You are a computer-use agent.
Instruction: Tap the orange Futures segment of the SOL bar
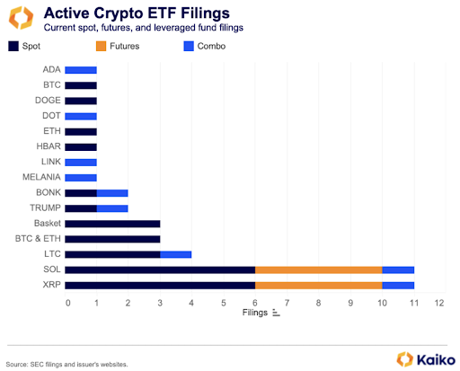click(319, 269)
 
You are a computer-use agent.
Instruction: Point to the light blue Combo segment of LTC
click(175, 253)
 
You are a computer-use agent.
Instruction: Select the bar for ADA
click(81, 69)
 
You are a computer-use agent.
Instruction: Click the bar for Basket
click(112, 223)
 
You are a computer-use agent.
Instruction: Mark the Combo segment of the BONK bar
click(112, 192)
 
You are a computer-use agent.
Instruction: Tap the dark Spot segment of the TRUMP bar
click(81, 208)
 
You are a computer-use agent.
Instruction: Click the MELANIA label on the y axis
click(43, 177)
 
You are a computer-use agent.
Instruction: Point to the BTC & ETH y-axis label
click(40, 238)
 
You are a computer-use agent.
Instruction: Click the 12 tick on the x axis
click(438, 303)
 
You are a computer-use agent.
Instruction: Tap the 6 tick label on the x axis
click(255, 303)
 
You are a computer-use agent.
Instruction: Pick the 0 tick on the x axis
click(67, 303)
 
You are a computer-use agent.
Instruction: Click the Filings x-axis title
click(256, 314)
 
